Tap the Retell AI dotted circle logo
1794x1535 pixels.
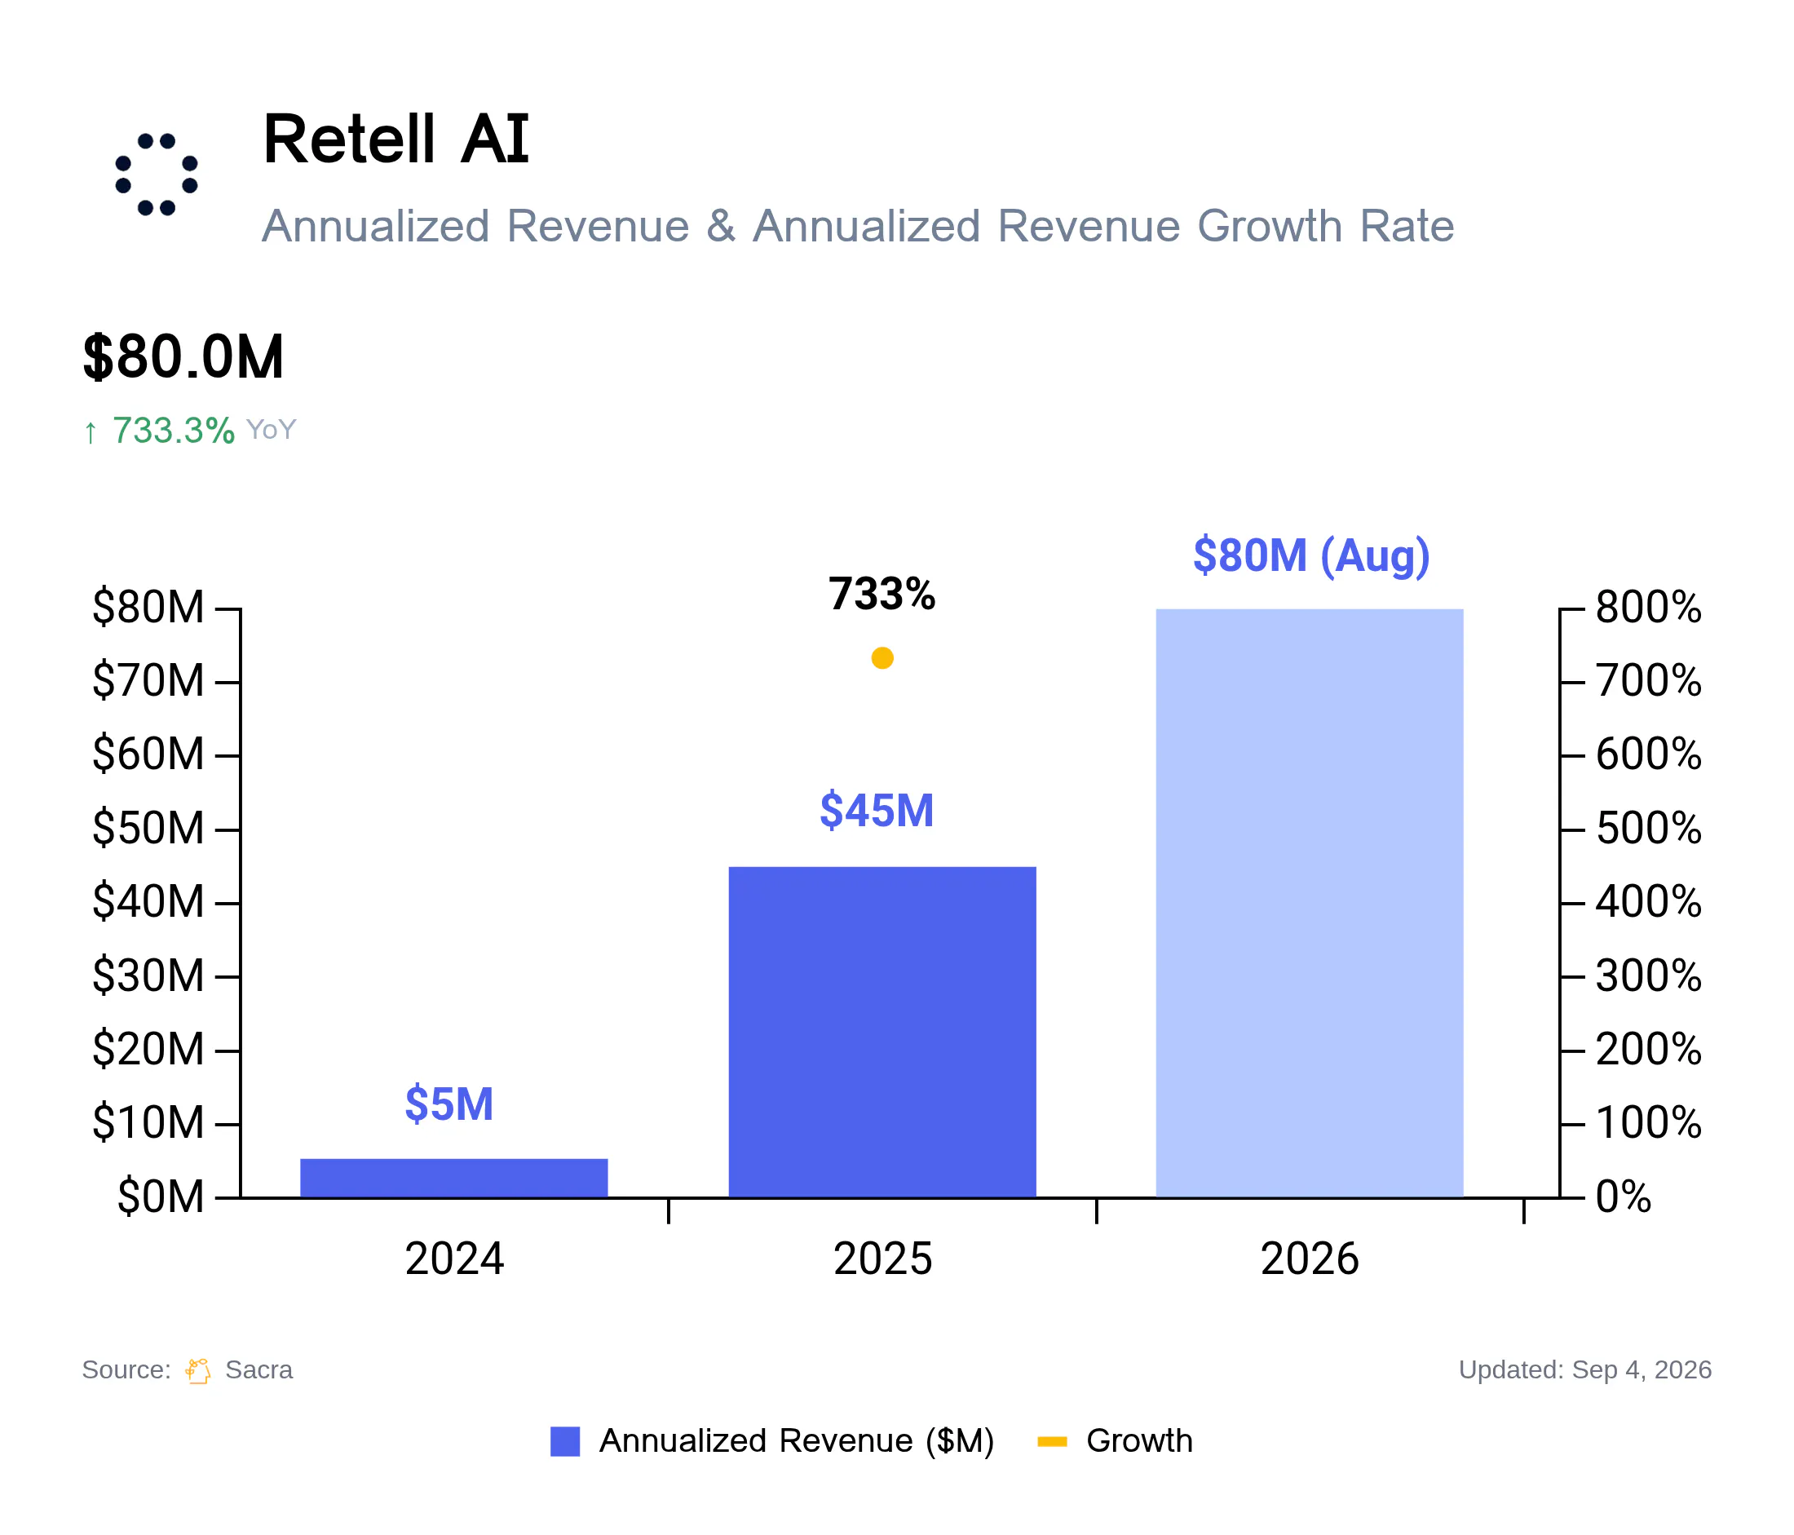(x=157, y=174)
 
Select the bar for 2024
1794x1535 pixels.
(x=453, y=1179)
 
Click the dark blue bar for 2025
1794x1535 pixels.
(x=882, y=1032)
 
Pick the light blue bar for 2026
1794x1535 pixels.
(x=1309, y=903)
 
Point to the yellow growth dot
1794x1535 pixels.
(x=882, y=658)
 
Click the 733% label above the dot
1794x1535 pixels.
(x=882, y=594)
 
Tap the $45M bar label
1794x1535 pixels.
(x=877, y=811)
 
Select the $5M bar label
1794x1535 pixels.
(x=448, y=1104)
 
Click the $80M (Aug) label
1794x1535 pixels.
(x=1311, y=555)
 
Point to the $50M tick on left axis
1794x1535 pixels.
(x=148, y=828)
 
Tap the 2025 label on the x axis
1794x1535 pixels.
(x=882, y=1259)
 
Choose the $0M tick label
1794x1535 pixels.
(x=160, y=1197)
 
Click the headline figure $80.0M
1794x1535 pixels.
(x=183, y=356)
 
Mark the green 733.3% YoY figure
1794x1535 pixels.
(x=173, y=431)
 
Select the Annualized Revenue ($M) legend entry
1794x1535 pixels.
(x=772, y=1440)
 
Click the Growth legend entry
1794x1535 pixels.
(x=1116, y=1440)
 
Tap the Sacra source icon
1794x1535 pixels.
(x=197, y=1370)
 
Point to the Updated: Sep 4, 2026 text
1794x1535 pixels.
(x=1584, y=1369)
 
